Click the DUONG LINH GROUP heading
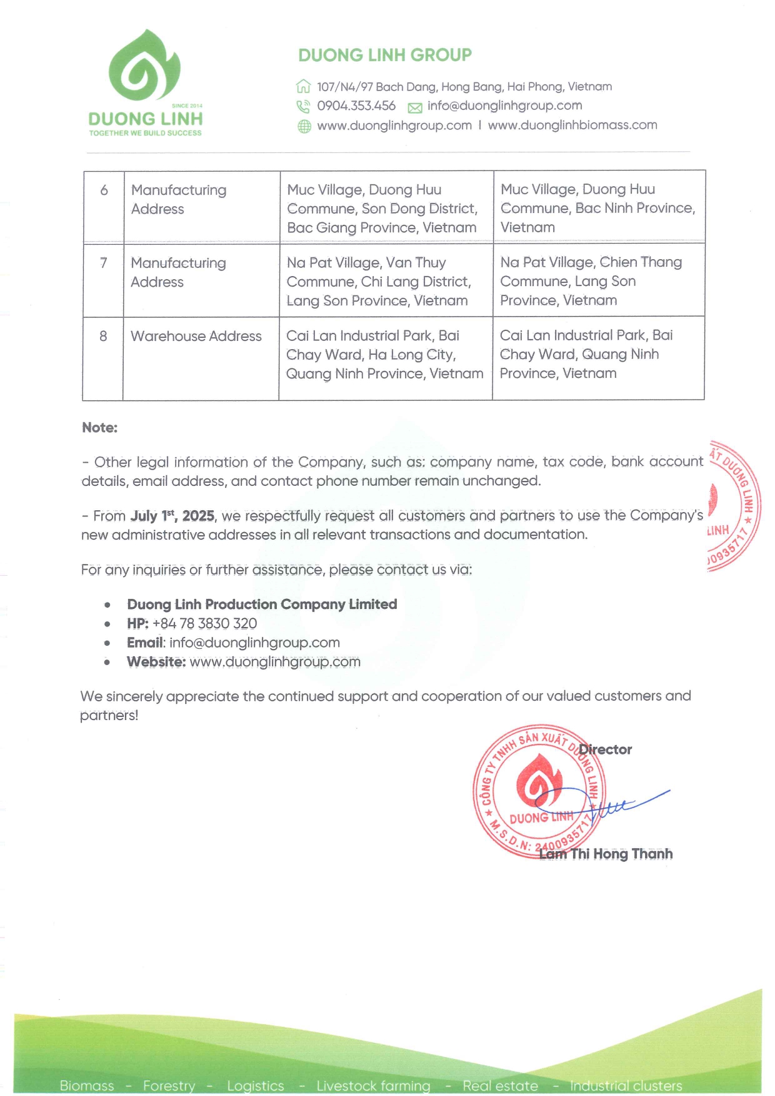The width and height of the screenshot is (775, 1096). coord(384,56)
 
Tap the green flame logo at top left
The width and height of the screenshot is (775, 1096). coord(145,66)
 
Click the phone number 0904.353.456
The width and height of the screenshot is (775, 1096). coord(356,106)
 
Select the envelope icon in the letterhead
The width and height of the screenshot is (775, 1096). coord(415,107)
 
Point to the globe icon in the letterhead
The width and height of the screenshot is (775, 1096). coord(304,127)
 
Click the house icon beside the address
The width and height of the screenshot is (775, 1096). coord(304,86)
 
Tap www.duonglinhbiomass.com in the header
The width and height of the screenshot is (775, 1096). coord(572,125)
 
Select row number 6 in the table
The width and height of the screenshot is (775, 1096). coord(104,190)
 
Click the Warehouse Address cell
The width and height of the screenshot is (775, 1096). coord(196,336)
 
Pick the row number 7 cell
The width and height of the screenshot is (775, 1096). coord(104,263)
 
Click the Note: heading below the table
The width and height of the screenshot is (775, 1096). coord(100,428)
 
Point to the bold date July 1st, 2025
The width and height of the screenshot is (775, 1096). coord(172,516)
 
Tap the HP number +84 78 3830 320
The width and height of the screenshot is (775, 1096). coord(204,623)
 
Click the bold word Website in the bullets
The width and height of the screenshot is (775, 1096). coord(156,662)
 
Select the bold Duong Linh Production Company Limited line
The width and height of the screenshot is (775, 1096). coord(262,605)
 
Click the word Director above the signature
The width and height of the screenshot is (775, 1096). coord(605,749)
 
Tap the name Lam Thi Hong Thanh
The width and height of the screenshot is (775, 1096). coord(606,854)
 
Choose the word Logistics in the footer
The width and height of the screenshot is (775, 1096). coord(255,1085)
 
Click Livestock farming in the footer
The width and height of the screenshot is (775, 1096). coord(373,1085)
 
